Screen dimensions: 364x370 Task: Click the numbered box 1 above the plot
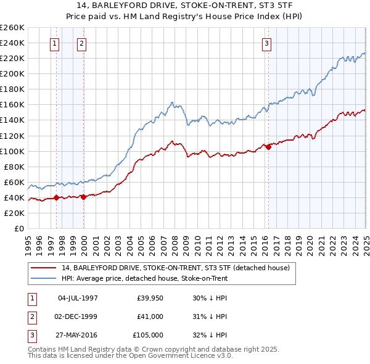55,43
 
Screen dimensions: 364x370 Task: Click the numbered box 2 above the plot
82,43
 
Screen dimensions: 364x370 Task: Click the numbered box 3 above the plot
266,43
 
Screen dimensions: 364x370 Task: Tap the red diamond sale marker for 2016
268,147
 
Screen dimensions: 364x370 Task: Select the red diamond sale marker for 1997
56,197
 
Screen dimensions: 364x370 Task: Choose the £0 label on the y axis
20,228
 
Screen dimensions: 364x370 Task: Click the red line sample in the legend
44,268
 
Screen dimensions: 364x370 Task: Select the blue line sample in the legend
44,278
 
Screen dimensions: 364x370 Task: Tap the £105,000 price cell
149,336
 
